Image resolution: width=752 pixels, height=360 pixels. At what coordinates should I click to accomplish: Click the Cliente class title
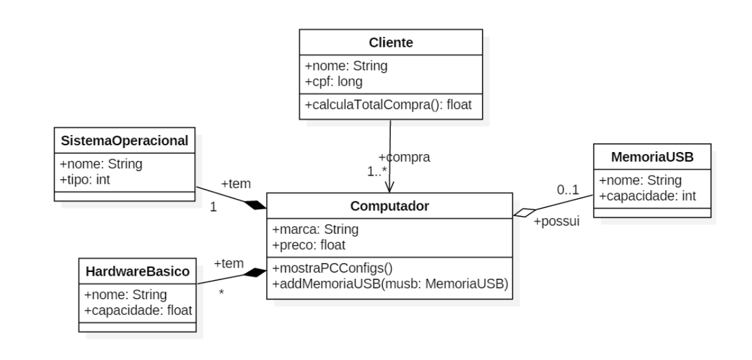pos(391,42)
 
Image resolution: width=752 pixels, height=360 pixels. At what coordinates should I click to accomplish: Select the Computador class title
pos(390,206)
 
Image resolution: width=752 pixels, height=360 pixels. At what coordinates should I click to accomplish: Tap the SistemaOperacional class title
pos(124,141)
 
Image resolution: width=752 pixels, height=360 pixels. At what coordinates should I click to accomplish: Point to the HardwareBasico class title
pos(137,271)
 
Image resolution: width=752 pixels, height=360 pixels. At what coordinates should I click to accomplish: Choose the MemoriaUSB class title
pos(653,157)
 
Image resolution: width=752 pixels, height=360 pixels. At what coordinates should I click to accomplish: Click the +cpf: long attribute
pos(334,82)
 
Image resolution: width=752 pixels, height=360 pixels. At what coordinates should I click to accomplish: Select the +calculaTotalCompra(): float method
pos(388,104)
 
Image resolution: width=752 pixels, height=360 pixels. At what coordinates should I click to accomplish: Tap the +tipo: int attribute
pos(86,179)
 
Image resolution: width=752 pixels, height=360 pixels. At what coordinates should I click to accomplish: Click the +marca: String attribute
pos(315,229)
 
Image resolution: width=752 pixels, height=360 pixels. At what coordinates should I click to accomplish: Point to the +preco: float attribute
pos(309,245)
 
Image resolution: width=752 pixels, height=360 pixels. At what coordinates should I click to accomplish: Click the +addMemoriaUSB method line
pos(390,284)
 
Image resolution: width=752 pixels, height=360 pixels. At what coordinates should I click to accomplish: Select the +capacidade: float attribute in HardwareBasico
pos(138,310)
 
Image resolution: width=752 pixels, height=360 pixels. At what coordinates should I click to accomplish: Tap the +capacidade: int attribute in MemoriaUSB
pos(647,196)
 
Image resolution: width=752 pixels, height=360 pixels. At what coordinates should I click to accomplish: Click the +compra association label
pos(404,157)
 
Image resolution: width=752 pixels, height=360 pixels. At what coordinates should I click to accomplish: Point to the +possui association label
pos(557,222)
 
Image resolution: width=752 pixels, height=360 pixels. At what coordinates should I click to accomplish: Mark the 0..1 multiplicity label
pos(568,190)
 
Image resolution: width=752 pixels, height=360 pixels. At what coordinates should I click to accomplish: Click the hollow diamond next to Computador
pos(524,212)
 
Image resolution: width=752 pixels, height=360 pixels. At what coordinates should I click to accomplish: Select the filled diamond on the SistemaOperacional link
pos(255,205)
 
